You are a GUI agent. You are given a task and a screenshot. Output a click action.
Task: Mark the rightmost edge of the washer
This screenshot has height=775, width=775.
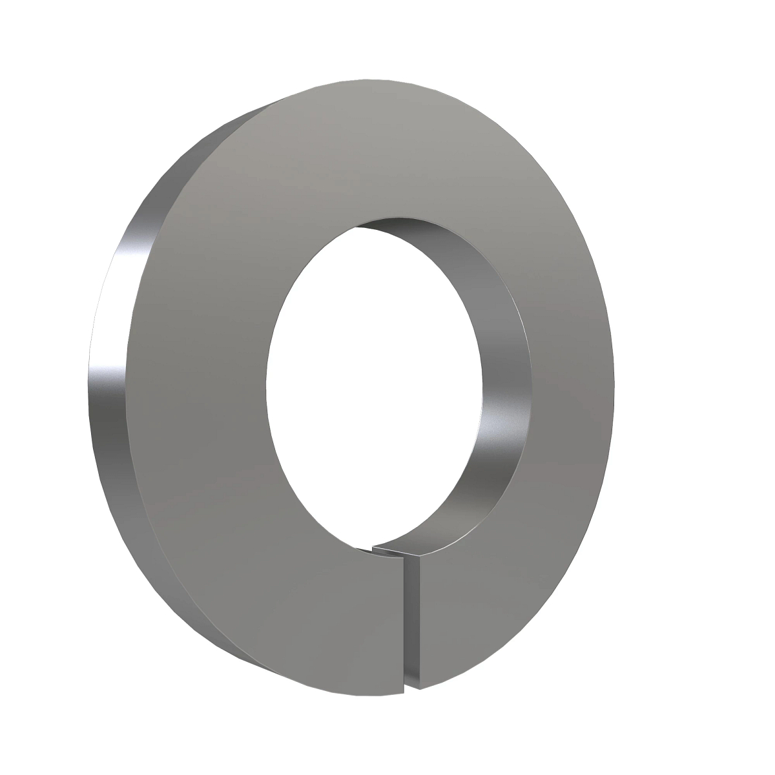tap(614, 387)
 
